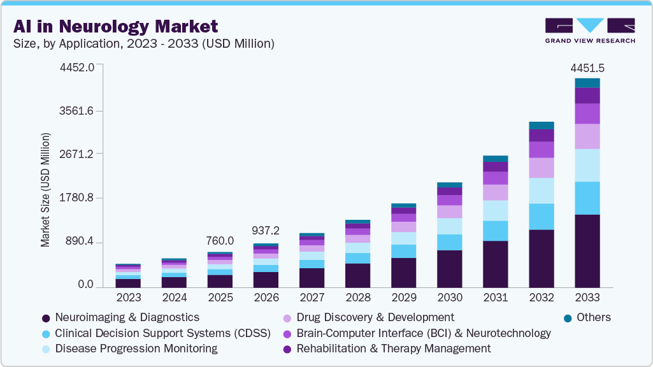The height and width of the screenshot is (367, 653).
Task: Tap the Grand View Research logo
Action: (589, 30)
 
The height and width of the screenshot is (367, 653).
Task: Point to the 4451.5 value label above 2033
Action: (587, 68)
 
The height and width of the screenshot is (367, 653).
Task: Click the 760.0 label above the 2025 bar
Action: (220, 241)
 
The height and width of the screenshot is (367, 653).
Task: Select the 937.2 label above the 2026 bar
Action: (266, 230)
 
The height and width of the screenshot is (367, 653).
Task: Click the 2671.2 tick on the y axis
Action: (76, 154)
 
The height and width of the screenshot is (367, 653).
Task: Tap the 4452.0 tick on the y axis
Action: (76, 67)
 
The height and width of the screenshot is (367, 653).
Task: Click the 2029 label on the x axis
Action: (403, 298)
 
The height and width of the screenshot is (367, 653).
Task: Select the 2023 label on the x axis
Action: (128, 298)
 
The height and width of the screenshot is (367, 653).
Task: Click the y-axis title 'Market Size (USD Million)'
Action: (45, 190)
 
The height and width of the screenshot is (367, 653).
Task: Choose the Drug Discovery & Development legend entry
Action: (375, 317)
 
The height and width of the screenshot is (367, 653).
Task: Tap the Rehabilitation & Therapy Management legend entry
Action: (393, 349)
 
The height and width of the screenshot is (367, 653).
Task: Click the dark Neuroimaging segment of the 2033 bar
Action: (587, 251)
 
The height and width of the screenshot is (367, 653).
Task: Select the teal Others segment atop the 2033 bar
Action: (587, 83)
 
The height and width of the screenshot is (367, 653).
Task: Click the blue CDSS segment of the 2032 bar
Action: (541, 217)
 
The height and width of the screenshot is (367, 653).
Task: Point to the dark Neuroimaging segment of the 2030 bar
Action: (449, 268)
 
